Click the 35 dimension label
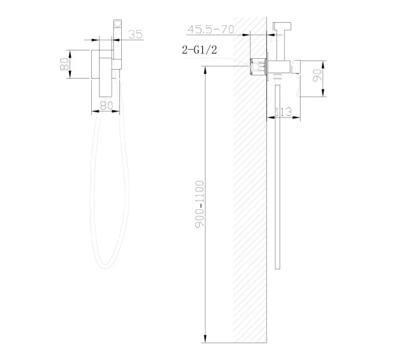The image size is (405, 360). tap(136, 34)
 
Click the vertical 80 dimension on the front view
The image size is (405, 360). tap(63, 64)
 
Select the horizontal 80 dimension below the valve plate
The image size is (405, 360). tap(106, 105)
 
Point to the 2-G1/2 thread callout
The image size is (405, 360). tap(199, 51)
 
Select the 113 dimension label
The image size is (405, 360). tap(283, 110)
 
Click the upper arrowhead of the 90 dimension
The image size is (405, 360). tap(323, 62)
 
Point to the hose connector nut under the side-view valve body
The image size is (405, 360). tap(277, 77)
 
